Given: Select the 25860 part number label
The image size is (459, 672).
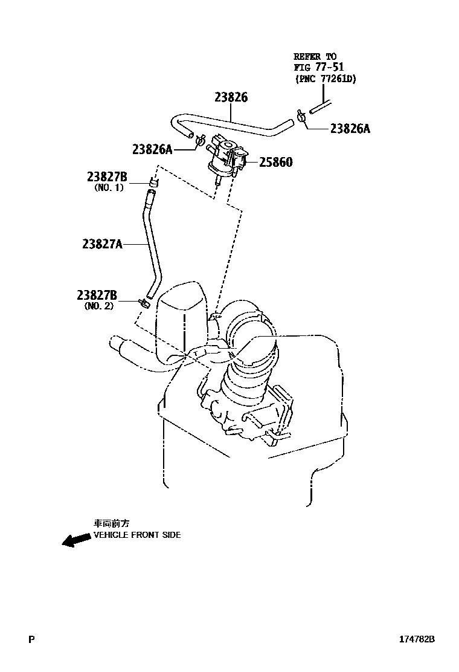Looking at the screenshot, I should click(x=276, y=162).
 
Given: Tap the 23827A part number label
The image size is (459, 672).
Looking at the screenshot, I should click(x=102, y=244).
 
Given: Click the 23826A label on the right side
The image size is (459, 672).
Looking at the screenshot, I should click(x=350, y=128).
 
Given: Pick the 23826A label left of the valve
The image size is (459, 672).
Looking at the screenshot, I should click(x=152, y=149).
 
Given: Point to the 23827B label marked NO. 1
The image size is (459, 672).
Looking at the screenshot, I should click(x=106, y=176).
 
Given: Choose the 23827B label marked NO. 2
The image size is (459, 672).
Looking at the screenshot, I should click(x=97, y=295).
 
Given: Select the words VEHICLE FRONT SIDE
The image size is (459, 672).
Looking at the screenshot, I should click(x=136, y=535).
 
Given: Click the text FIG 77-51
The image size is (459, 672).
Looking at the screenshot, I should click(x=318, y=67).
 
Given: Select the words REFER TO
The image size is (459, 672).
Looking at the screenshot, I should click(x=315, y=57).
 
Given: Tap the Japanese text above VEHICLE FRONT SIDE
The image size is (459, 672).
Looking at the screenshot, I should click(x=111, y=524).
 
